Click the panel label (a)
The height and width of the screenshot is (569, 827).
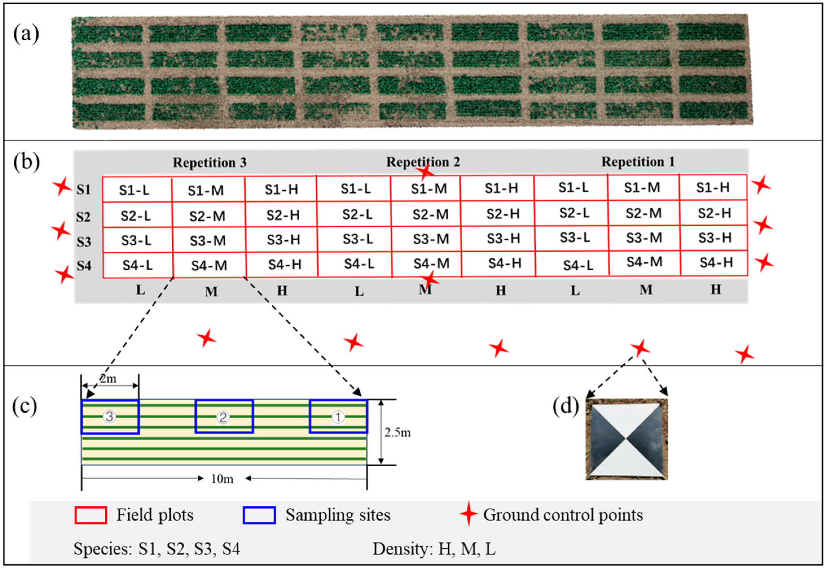26,35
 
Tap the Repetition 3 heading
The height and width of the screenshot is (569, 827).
210,162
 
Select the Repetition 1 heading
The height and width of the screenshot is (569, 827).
638,162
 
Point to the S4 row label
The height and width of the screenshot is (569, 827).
84,266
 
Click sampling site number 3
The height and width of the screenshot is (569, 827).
109,416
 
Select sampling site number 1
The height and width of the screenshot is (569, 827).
338,416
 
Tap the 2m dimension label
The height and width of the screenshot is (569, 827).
108,379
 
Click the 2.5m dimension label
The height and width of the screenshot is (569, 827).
397,432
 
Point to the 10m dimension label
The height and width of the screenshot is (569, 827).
222,478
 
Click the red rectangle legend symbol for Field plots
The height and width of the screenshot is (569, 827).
91,515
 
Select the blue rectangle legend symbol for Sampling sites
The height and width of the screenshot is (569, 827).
259,515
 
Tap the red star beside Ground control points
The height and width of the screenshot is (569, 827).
468,514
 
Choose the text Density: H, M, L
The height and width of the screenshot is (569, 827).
434,549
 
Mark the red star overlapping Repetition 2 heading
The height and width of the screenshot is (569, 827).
425,172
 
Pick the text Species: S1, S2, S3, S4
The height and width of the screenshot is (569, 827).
157,549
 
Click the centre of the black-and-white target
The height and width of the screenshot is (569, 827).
626,439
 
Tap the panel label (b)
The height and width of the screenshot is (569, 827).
26,162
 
